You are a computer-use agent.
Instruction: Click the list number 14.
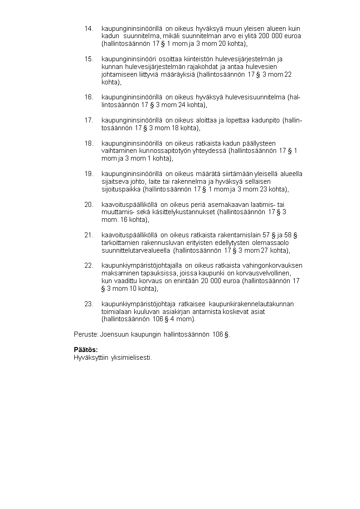[x=89, y=29]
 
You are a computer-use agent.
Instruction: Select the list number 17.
[x=89, y=120]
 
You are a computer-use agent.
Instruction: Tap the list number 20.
[x=89, y=205]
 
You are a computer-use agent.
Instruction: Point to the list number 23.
[x=89, y=303]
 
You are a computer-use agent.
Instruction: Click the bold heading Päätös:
[x=86, y=350]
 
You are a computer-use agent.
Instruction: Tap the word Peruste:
[x=86, y=334]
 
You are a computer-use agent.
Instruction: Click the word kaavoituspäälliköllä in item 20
[x=129, y=205]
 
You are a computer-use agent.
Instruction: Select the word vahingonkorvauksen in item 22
[x=273, y=265]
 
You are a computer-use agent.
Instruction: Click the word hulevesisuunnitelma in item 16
[x=256, y=97]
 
